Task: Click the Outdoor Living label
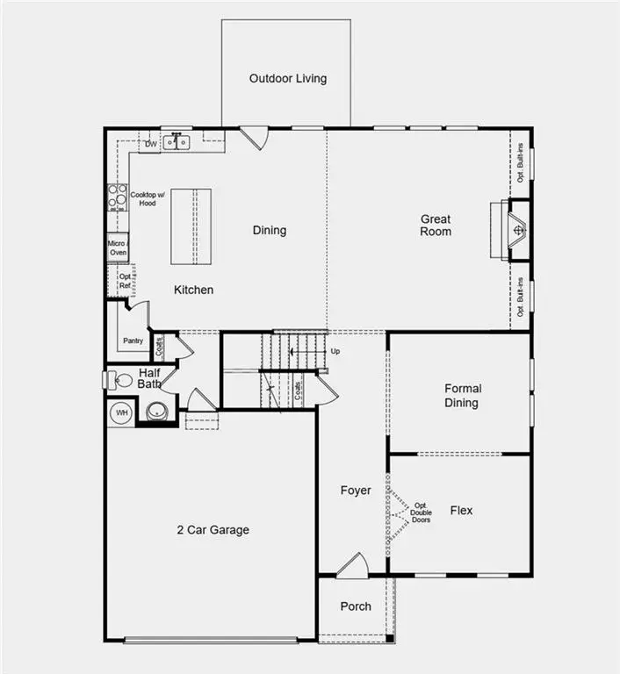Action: (287, 78)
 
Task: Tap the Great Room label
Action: (436, 226)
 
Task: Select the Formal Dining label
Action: (462, 396)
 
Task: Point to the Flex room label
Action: (461, 510)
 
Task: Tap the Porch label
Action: (356, 606)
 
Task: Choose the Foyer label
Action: (356, 491)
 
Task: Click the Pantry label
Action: (133, 341)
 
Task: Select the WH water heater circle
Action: (120, 412)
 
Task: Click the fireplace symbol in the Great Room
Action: (519, 231)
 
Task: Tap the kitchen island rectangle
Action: (193, 226)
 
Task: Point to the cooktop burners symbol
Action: (117, 198)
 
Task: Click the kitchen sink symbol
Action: (177, 142)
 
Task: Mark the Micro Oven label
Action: (118, 247)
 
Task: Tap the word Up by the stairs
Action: (335, 351)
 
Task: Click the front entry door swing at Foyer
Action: (352, 566)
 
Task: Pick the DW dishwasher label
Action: (151, 143)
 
